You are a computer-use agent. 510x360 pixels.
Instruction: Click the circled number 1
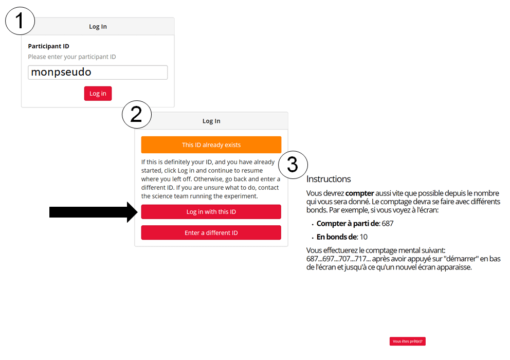coord(20,21)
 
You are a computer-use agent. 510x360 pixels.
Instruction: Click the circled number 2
coord(136,115)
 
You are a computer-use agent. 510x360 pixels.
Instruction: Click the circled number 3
coord(293,165)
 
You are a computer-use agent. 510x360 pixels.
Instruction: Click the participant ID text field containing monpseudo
coord(98,73)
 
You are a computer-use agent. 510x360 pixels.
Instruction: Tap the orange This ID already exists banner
coord(211,145)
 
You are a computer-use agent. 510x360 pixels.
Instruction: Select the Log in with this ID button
coord(211,212)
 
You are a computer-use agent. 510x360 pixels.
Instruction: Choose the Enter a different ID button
coord(211,232)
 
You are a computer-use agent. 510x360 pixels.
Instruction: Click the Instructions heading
coord(329,179)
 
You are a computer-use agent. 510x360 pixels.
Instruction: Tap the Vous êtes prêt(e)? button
coord(408,341)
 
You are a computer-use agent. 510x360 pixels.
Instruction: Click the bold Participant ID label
coord(48,46)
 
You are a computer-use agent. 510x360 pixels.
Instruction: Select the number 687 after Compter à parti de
coord(387,224)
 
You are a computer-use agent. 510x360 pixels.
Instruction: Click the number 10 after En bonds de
coord(363,237)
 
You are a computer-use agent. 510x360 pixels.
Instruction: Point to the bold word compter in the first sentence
coord(359,193)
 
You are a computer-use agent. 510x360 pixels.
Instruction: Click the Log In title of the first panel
coord(98,27)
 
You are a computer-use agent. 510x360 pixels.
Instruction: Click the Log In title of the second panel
coord(211,121)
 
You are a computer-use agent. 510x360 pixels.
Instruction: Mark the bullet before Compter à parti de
coord(313,224)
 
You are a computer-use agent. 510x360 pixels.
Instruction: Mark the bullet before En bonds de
coord(313,238)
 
